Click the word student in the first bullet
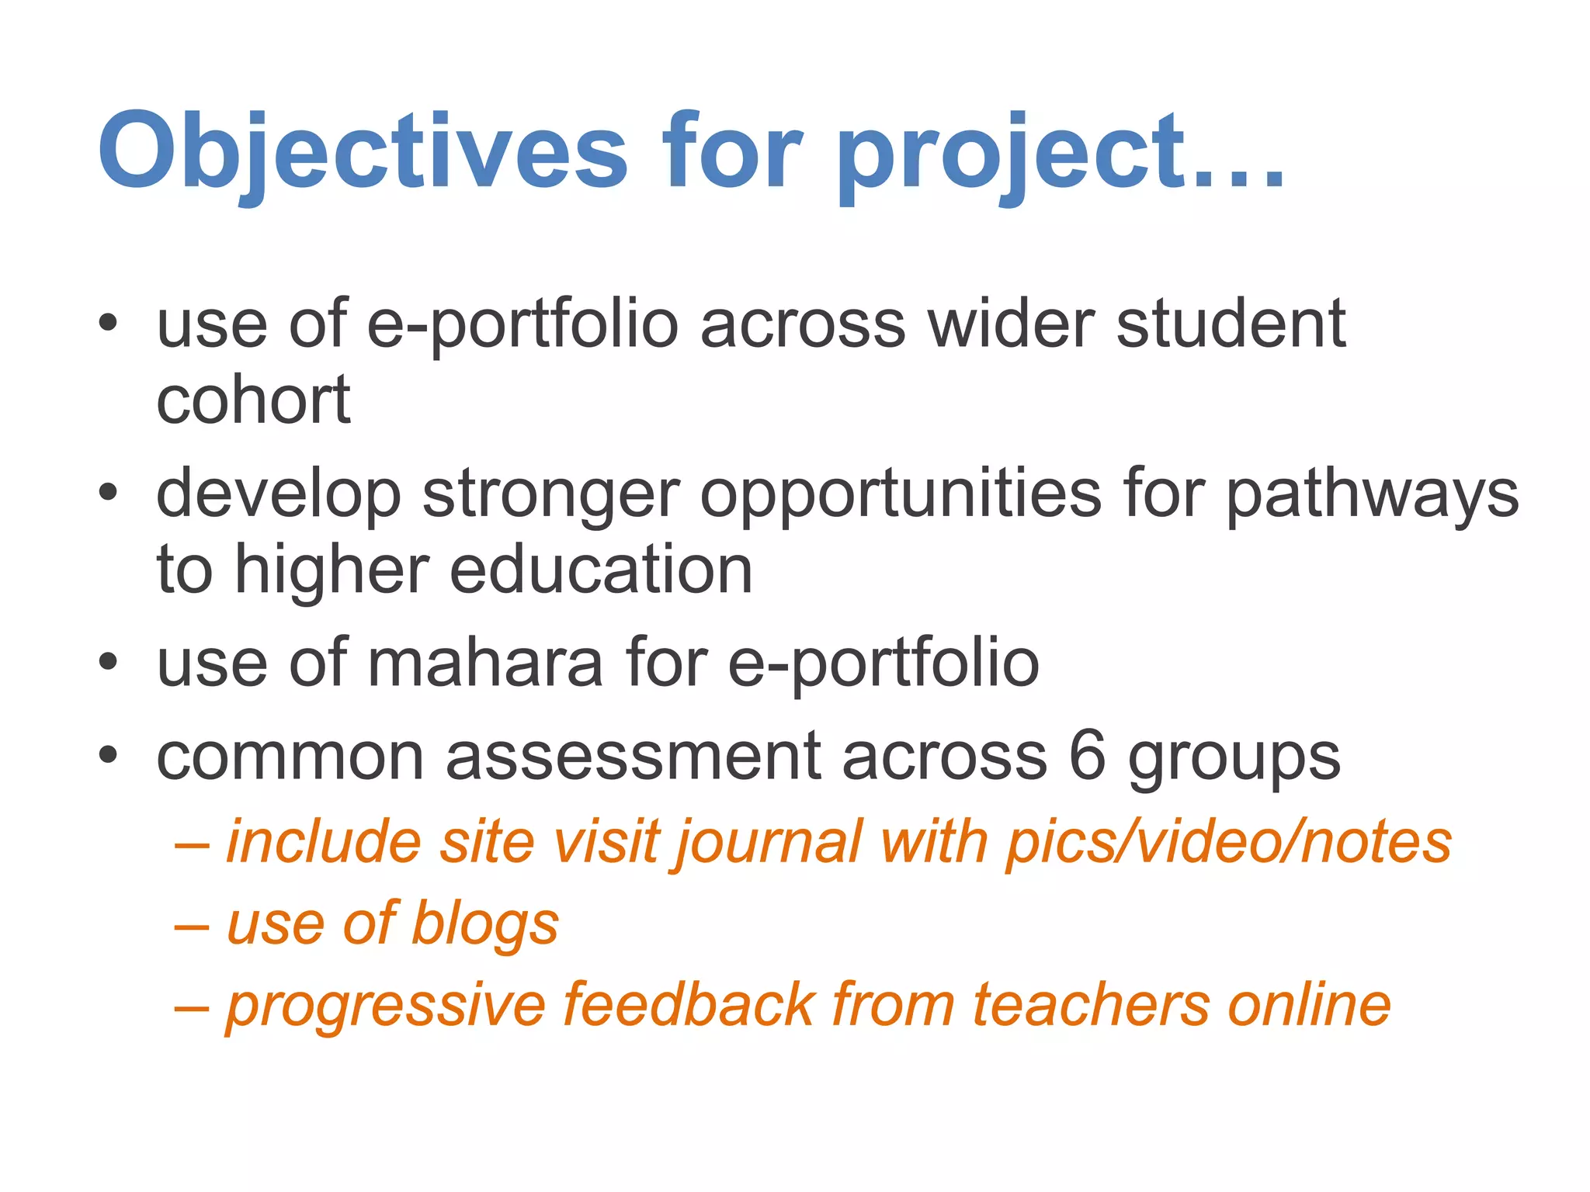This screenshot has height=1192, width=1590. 1231,324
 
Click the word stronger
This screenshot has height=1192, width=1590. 551,494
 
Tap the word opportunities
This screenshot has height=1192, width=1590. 901,494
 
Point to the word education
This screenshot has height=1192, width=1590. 601,570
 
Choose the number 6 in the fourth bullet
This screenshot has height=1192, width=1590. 1087,756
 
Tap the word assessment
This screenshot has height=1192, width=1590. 633,756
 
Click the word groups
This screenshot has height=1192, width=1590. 1234,759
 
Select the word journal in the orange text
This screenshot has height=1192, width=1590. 769,844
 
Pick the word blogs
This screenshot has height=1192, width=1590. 484,924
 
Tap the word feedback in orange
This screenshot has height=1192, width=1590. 687,1005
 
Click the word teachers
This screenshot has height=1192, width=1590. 1090,1005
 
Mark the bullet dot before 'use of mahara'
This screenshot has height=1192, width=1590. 108,662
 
